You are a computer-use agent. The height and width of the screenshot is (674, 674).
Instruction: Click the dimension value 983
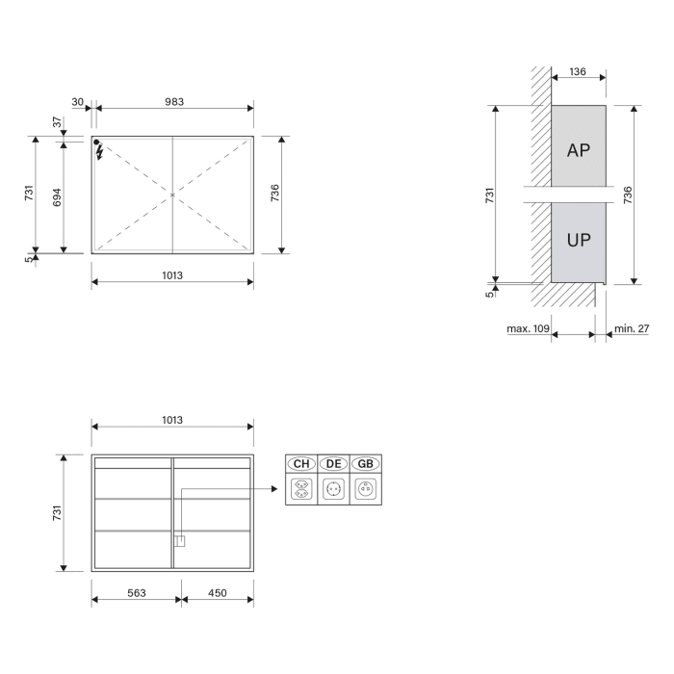[x=174, y=101]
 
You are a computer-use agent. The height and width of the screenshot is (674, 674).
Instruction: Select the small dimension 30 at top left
[x=77, y=101]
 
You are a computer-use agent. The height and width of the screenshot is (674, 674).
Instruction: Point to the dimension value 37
[x=57, y=122]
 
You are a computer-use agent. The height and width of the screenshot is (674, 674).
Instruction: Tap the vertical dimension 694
[x=57, y=197]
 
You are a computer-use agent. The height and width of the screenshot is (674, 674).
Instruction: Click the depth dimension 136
[x=578, y=71]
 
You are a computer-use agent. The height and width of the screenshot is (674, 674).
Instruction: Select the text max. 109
[x=528, y=328]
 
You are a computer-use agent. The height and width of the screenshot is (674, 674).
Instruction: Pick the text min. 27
[x=632, y=328]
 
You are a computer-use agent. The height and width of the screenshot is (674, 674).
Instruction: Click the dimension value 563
[x=137, y=593]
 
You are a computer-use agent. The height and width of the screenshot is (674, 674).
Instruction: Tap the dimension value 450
[x=218, y=593]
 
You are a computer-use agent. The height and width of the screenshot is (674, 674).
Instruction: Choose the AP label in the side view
[x=579, y=150]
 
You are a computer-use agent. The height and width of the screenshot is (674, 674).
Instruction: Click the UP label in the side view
[x=579, y=240]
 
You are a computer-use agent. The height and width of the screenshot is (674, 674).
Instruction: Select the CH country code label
[x=301, y=463]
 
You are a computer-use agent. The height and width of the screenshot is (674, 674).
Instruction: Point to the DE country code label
[x=334, y=463]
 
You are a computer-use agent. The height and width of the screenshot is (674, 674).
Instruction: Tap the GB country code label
[x=366, y=463]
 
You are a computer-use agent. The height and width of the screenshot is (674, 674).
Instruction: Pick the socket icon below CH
[x=301, y=489]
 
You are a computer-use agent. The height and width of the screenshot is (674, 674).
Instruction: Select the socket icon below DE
[x=334, y=489]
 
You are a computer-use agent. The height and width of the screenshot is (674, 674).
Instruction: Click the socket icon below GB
[x=366, y=489]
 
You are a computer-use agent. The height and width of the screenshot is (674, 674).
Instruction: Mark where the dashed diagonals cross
[x=172, y=195]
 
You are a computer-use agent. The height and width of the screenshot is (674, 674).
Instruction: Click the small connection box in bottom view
[x=178, y=540]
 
